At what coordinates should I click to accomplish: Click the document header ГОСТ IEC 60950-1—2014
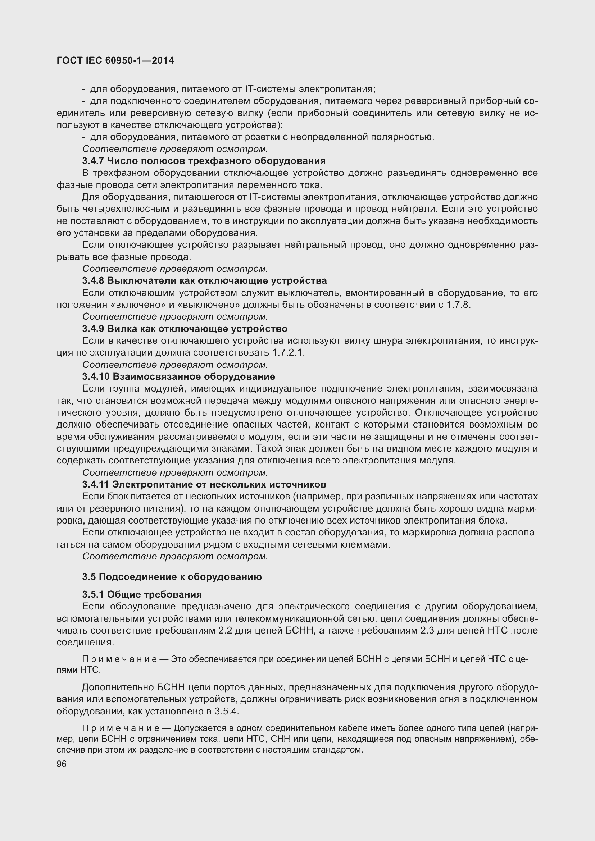point(115,61)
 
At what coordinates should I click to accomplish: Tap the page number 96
point(62,764)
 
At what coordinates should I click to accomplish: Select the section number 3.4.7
point(93,161)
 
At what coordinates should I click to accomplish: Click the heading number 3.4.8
point(93,281)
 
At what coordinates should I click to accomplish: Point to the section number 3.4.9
point(93,329)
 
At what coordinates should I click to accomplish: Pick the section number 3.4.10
point(96,376)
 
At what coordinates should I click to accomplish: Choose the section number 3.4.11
point(96,485)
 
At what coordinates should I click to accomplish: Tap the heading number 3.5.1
point(93,594)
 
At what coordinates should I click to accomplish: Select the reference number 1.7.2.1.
point(289,353)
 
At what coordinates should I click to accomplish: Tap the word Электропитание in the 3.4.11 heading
point(153,485)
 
